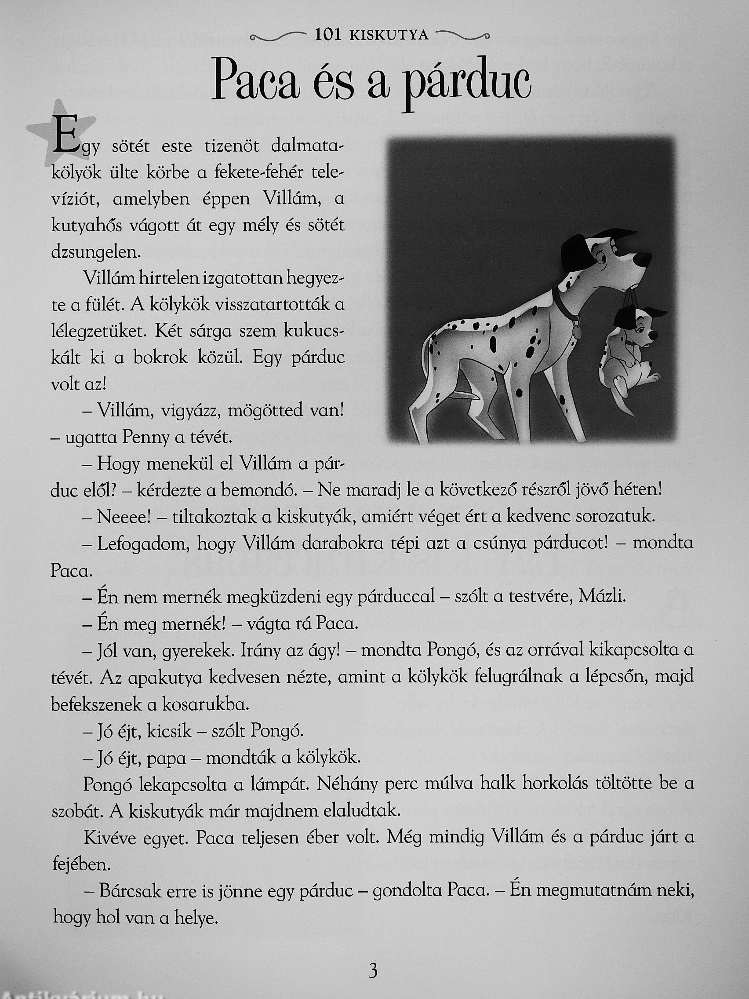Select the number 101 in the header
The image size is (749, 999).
(328, 35)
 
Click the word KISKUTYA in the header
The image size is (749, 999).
(389, 36)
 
